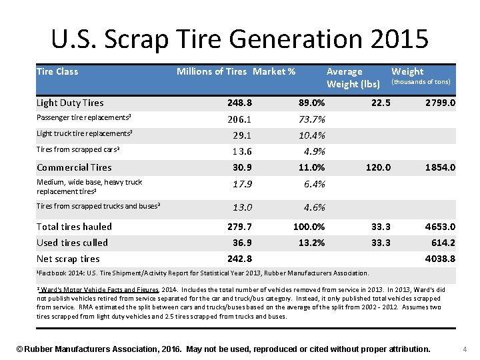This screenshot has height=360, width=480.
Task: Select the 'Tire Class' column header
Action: (x=57, y=71)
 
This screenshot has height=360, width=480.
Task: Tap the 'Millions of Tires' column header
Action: (x=211, y=71)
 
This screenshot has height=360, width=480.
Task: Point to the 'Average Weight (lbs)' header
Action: (x=353, y=77)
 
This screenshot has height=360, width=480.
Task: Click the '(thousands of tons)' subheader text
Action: (x=421, y=82)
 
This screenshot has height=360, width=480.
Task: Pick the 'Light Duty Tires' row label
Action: (x=70, y=103)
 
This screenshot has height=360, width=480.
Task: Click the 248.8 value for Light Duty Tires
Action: (x=239, y=103)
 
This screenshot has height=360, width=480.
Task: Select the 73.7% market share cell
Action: (x=312, y=120)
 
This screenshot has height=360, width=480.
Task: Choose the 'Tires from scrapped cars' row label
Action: (x=78, y=149)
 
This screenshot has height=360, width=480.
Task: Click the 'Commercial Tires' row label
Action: (x=74, y=167)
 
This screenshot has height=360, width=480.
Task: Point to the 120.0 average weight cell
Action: (x=379, y=168)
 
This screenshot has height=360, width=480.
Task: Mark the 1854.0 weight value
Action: (x=441, y=168)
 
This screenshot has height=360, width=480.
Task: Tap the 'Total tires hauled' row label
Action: (x=74, y=227)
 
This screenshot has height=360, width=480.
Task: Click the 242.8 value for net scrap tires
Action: (x=239, y=259)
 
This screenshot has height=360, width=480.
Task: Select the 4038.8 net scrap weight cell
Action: (x=441, y=259)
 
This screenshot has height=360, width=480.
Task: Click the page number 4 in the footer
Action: (x=465, y=349)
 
